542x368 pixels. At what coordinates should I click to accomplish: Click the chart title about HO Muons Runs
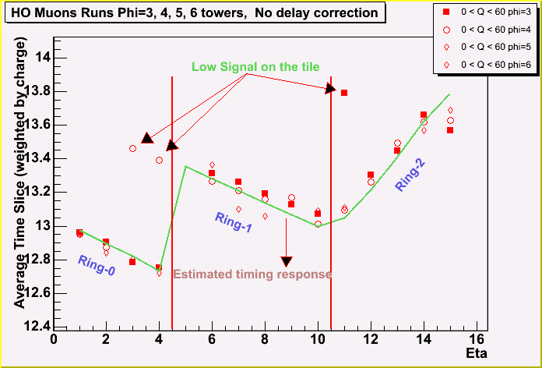[195, 12]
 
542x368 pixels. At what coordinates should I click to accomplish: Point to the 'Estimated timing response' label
[252, 274]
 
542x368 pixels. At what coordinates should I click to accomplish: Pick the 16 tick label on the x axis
[476, 339]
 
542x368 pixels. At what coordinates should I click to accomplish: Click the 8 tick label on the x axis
[265, 339]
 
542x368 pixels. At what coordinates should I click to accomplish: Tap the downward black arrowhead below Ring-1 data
[287, 262]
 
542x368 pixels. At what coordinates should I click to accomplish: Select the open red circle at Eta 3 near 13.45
[132, 148]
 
